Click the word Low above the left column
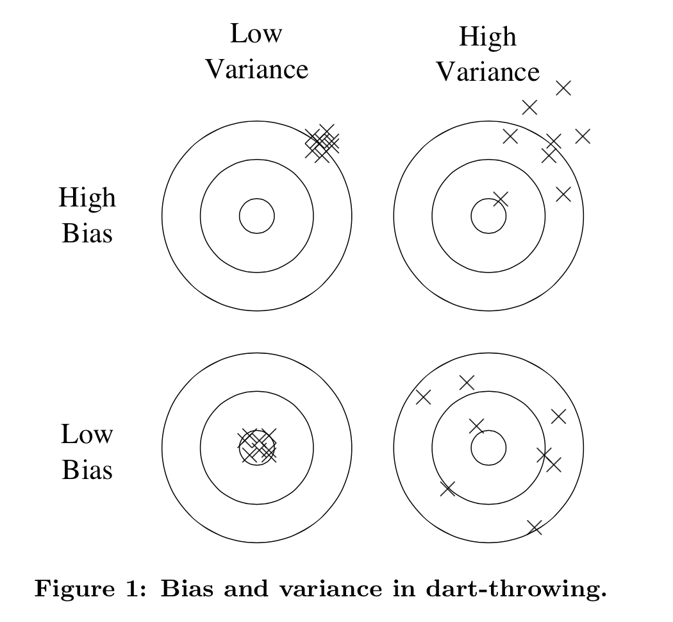(256, 33)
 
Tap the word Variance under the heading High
(488, 71)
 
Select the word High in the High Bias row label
(87, 197)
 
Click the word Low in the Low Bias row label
(87, 435)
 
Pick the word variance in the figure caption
(306, 589)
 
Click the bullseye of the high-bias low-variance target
(257, 216)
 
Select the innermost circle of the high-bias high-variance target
(488, 216)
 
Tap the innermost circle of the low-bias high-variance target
(488, 447)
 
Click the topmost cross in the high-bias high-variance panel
(563, 88)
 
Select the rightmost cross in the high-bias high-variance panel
(582, 136)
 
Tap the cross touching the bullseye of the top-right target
(501, 199)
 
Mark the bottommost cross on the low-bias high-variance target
(535, 527)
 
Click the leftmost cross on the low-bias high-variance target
(424, 397)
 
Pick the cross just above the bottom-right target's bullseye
(476, 425)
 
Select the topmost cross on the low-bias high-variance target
(467, 383)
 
